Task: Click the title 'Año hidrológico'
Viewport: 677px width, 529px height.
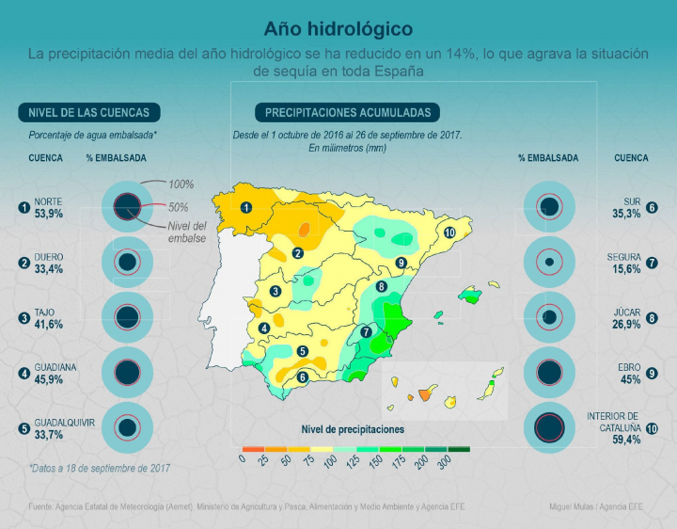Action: (338, 29)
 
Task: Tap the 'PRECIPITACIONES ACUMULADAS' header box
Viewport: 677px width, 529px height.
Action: (348, 113)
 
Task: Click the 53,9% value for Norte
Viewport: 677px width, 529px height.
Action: (49, 214)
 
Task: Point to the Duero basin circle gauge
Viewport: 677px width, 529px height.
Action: (127, 263)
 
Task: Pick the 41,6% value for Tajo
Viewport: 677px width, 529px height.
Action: (49, 324)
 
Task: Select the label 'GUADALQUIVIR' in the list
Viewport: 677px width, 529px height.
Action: (65, 423)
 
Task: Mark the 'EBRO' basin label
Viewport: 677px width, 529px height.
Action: (629, 368)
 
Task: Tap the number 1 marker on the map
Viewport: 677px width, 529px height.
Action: (246, 207)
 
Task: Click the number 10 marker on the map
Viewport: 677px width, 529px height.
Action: (450, 232)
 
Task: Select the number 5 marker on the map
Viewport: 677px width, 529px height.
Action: (303, 352)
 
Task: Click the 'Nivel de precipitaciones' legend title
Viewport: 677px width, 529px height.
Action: (353, 429)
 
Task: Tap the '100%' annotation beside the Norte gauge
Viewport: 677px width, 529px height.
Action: (181, 184)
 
